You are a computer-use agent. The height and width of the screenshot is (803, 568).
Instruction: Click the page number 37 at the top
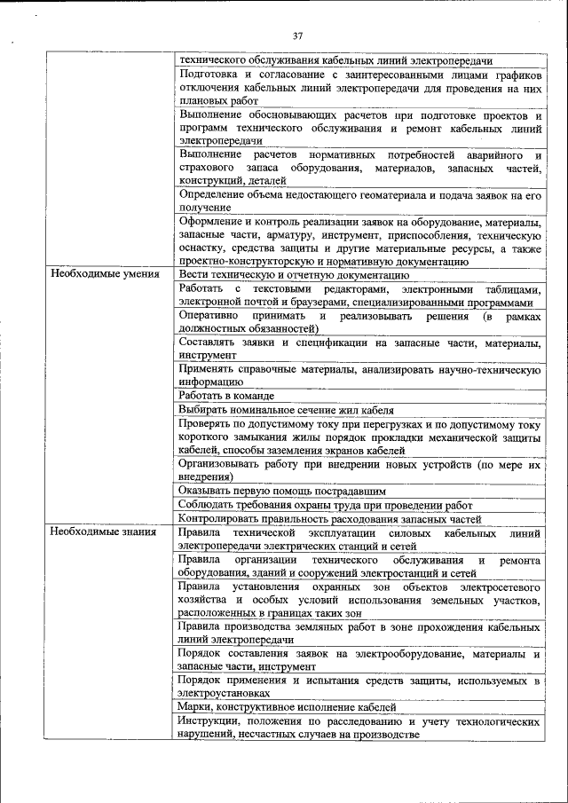pos(297,35)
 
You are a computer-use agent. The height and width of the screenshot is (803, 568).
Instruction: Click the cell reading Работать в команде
pos(226,396)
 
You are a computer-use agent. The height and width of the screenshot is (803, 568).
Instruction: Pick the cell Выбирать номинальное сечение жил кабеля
pos(285,410)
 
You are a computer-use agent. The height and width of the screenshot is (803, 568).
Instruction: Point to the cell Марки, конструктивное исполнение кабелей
pos(287,707)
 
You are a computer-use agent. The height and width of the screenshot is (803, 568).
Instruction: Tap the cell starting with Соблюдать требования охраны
pos(326,504)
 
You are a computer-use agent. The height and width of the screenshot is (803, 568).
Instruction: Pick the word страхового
pos(206,168)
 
